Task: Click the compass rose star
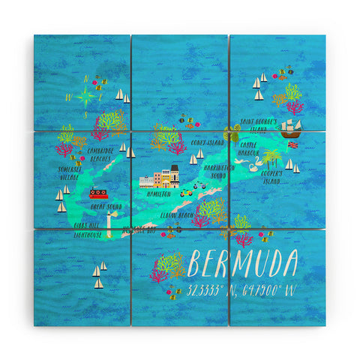click(86, 95)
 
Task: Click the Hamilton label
click(159, 193)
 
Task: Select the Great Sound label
click(106, 205)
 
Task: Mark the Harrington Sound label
click(219, 172)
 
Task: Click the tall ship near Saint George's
click(289, 127)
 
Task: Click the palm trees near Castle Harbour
click(271, 157)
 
